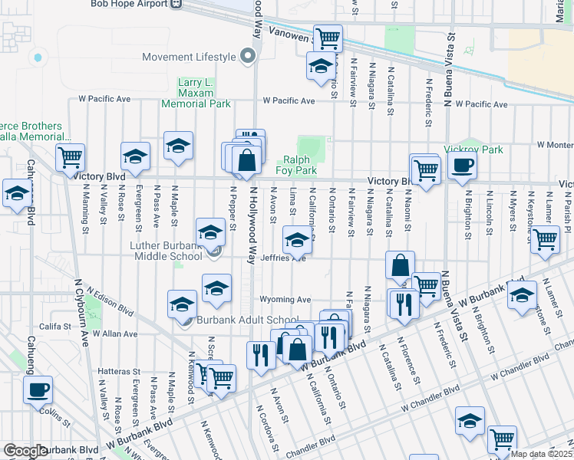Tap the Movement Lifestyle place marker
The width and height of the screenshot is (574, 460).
point(247,57)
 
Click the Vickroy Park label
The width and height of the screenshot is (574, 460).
point(473,149)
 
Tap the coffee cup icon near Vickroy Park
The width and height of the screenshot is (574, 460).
point(462,165)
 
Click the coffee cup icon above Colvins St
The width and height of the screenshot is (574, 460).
point(37,389)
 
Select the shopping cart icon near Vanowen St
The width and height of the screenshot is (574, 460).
point(328,38)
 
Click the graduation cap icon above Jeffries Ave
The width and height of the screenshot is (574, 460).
point(298,240)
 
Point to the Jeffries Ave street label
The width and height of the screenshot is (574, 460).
point(284,258)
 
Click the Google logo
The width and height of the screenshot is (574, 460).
point(25,451)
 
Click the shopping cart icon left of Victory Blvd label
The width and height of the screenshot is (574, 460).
point(70,158)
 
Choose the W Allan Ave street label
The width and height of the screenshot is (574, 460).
point(115,334)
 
